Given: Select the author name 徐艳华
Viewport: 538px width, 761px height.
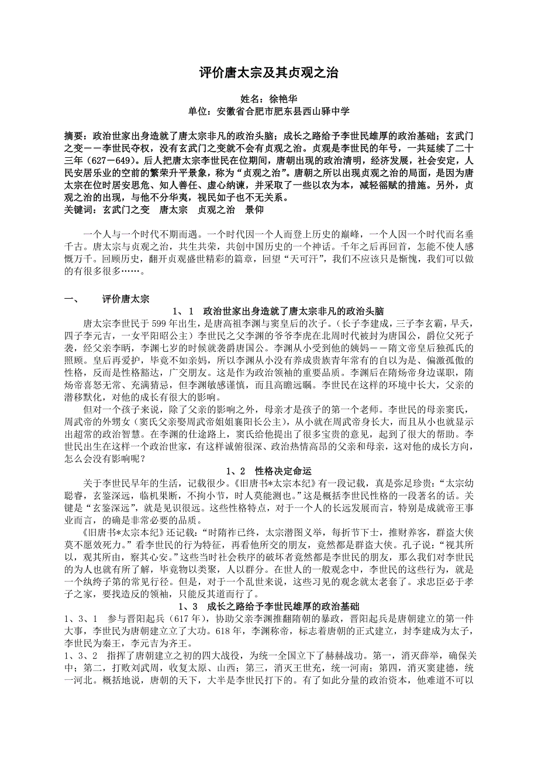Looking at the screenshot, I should [x=285, y=99].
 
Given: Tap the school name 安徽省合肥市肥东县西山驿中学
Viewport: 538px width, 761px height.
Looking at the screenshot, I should [x=284, y=111].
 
